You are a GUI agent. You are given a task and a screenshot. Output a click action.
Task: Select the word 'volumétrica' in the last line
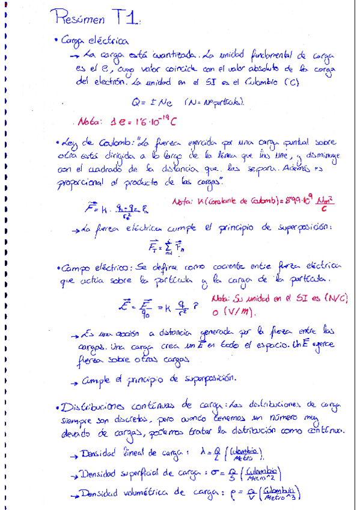click(x=144, y=493)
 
